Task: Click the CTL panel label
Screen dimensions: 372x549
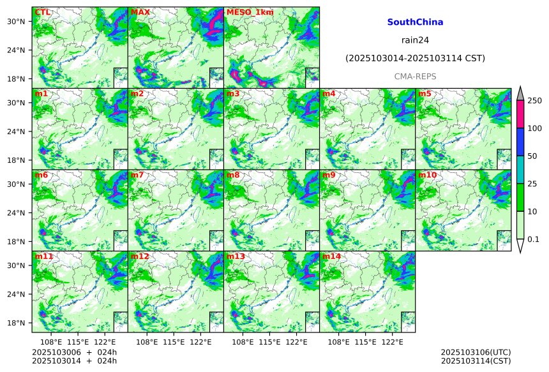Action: click(x=42, y=12)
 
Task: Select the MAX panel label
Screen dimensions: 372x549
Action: click(x=139, y=12)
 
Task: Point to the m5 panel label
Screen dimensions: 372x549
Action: click(x=425, y=94)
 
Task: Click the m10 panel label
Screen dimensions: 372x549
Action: click(x=427, y=175)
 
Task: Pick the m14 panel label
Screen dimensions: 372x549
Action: click(x=331, y=257)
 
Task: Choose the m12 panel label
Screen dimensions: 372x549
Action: click(x=139, y=257)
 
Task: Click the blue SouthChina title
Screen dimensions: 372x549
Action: click(x=415, y=22)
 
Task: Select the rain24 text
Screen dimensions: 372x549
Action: click(x=415, y=40)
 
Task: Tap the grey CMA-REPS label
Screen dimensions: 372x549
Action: click(x=415, y=77)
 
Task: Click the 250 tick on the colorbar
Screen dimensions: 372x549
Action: click(x=534, y=101)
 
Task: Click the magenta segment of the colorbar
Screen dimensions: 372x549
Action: click(x=520, y=114)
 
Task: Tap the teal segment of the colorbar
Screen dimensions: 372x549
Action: click(x=520, y=170)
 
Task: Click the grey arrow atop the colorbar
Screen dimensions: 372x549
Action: click(x=520, y=94)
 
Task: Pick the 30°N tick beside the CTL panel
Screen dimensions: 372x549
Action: click(x=16, y=22)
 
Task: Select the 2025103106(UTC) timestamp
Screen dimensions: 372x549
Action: click(x=476, y=352)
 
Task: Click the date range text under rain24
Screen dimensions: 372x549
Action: click(x=415, y=58)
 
